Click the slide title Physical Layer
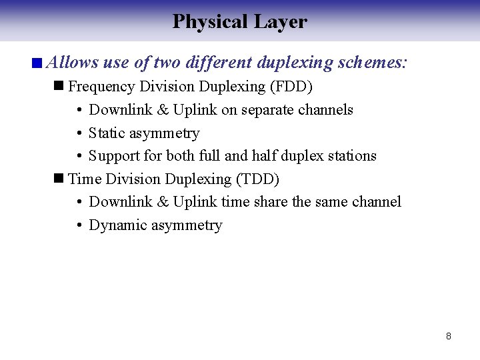pyautogui.click(x=239, y=21)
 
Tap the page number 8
pyautogui.click(x=448, y=336)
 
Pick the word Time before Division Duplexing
pyautogui.click(x=82, y=179)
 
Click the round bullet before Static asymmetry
pyautogui.click(x=79, y=133)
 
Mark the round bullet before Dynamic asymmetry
pyautogui.click(x=79, y=225)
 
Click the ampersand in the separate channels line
pyautogui.click(x=163, y=109)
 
